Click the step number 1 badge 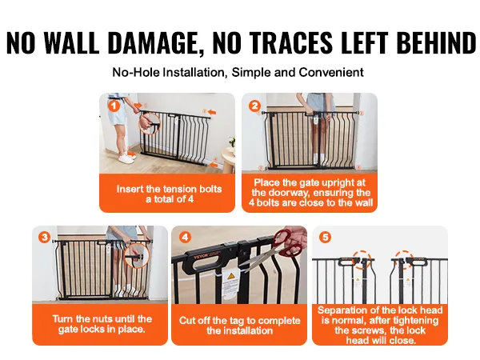[x=113, y=104]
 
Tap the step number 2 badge [x=255, y=105]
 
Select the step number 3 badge [x=45, y=238]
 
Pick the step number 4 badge [x=185, y=238]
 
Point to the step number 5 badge [x=325, y=238]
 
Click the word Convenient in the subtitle [x=333, y=72]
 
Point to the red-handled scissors [x=280, y=244]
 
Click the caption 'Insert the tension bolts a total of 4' [x=169, y=194]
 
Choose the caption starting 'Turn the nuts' [x=100, y=325]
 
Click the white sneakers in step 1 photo [x=125, y=158]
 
